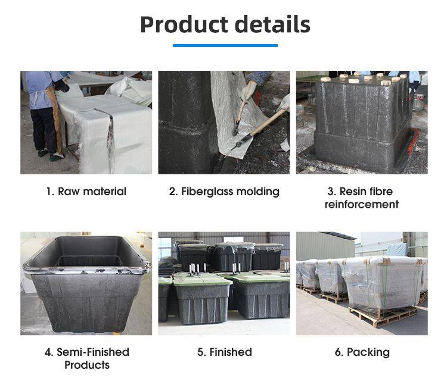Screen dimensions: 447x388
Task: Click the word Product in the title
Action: point(184,25)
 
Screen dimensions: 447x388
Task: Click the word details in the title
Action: point(272,24)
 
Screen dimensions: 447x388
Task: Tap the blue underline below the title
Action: point(225,46)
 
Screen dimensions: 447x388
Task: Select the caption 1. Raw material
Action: point(86,192)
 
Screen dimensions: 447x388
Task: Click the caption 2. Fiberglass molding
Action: point(224,192)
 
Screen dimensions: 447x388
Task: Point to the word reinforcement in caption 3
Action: point(362,204)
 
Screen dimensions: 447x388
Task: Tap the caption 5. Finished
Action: point(225,352)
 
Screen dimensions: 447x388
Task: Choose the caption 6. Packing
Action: point(362,352)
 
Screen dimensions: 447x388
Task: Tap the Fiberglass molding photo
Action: point(224,123)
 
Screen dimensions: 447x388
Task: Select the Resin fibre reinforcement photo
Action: point(362,123)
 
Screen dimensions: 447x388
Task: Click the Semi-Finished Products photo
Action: point(86,283)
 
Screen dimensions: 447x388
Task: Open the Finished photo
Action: point(224,283)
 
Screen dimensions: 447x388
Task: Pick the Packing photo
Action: point(362,283)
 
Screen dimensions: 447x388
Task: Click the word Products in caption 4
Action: point(87,365)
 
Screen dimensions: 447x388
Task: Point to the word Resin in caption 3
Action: point(352,192)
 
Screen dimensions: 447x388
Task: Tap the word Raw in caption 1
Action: point(69,192)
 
